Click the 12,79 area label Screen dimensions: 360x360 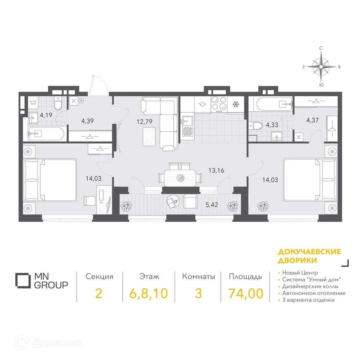pyautogui.click(x=144, y=122)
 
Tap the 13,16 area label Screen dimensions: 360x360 pyautogui.click(x=216, y=170)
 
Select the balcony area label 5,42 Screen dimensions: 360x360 pyautogui.click(x=212, y=205)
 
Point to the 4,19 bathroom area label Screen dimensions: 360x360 pyautogui.click(x=46, y=115)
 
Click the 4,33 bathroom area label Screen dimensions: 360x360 pyautogui.click(x=272, y=125)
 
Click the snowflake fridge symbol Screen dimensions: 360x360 pyautogui.click(x=236, y=104)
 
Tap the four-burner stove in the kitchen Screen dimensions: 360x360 pyautogui.click(x=219, y=104)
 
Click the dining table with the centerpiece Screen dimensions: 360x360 pyautogui.click(x=180, y=178)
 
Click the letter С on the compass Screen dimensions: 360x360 pyautogui.click(x=321, y=48)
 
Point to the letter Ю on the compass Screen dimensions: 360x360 pyautogui.click(x=321, y=85)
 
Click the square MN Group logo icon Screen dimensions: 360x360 pyautogui.click(x=23, y=280)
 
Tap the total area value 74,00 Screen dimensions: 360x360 pyautogui.click(x=246, y=293)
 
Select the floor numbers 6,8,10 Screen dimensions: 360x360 pyautogui.click(x=149, y=294)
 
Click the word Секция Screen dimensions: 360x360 pyautogui.click(x=99, y=277)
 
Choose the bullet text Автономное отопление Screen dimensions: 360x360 pyautogui.click(x=314, y=293)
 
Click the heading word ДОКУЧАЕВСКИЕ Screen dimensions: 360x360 pyautogui.click(x=309, y=252)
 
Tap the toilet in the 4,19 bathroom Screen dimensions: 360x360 pyautogui.click(x=58, y=104)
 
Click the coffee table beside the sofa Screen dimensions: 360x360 pyautogui.click(x=149, y=136)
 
